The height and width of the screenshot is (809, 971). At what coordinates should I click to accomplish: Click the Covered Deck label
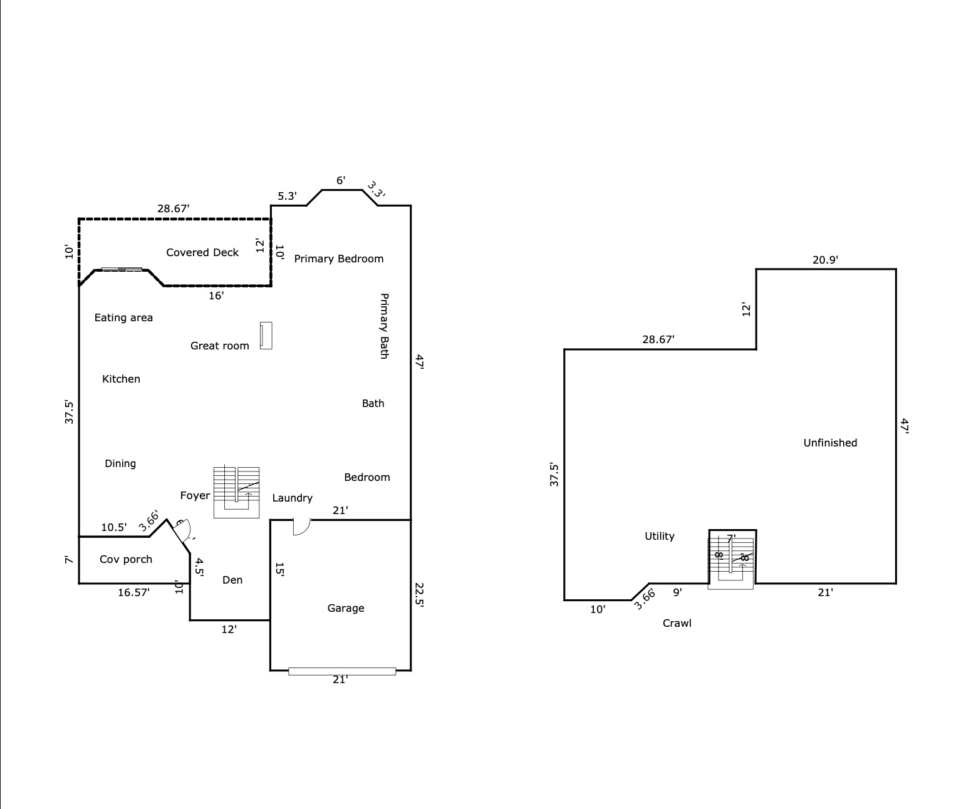click(202, 252)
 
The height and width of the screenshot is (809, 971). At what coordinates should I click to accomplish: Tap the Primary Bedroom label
click(338, 259)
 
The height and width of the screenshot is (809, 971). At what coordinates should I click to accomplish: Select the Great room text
click(219, 346)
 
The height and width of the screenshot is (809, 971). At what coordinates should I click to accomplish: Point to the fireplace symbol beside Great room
click(266, 335)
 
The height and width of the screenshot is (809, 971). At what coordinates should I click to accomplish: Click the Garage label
click(346, 608)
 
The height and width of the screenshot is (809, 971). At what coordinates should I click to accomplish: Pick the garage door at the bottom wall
click(342, 671)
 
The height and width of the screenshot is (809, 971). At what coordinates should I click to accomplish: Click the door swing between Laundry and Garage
click(301, 527)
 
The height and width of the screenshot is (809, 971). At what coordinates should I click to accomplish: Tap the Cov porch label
click(125, 559)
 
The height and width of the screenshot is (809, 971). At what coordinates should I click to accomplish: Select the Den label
click(232, 580)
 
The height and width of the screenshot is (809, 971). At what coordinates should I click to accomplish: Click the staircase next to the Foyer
click(236, 492)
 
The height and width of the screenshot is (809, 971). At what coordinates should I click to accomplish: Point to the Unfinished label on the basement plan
click(830, 443)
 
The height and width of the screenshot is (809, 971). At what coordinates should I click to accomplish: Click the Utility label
click(660, 536)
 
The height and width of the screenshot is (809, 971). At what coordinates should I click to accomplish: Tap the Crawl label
click(677, 623)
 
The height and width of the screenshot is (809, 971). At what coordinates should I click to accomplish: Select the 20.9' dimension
click(825, 260)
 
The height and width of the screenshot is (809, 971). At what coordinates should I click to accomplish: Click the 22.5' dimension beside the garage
click(419, 595)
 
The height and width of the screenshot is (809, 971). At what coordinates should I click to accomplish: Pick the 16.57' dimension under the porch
click(133, 592)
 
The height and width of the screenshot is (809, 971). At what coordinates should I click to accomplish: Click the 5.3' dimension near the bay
click(287, 196)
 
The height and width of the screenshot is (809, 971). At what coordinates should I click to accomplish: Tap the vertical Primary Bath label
click(384, 326)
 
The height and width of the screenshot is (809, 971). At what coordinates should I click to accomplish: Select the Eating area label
click(123, 317)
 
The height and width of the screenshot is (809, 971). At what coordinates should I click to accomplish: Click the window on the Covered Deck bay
click(122, 269)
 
